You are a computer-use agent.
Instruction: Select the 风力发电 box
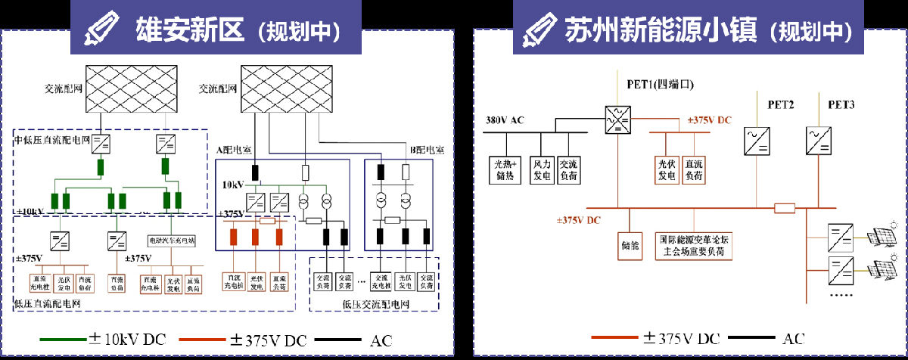click(542, 169)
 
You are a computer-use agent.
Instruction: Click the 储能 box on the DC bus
click(630, 246)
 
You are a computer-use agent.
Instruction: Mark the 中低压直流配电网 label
click(52, 140)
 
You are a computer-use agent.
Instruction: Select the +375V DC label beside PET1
click(710, 120)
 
